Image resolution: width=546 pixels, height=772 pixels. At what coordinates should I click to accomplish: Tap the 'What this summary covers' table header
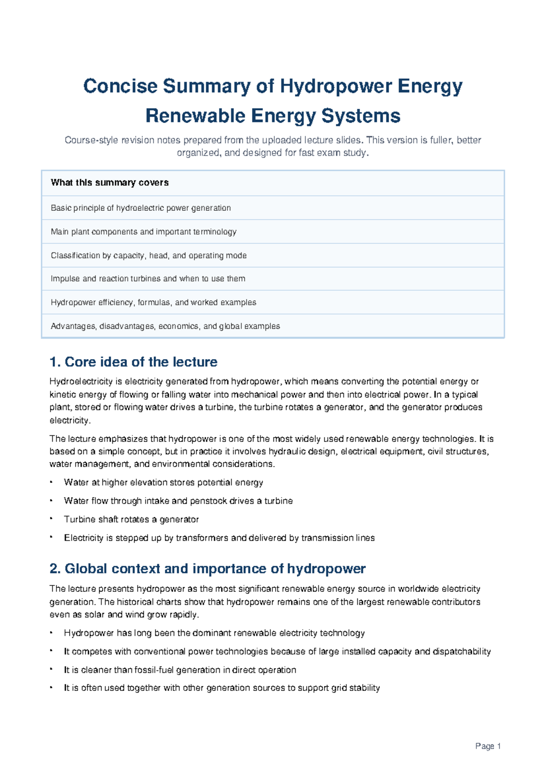tap(110, 183)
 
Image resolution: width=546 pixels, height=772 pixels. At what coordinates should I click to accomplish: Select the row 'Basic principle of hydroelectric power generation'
tap(141, 208)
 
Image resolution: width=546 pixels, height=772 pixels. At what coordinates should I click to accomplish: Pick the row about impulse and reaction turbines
tap(148, 279)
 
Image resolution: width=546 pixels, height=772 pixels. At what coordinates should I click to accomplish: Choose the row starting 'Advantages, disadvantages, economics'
tap(165, 326)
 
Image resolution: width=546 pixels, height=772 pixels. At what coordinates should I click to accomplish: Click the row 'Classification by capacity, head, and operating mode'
tap(148, 255)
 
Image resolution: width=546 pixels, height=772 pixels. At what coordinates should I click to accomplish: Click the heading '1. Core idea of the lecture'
tap(133, 362)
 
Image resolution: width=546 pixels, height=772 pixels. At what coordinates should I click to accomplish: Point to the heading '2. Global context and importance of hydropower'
tap(207, 569)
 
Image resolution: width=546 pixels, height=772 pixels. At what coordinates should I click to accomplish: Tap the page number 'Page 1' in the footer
tap(488, 746)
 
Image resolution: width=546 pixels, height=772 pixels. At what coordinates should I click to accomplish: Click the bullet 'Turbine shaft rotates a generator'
tap(131, 519)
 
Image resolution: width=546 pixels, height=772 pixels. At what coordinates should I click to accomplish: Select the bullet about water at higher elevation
tap(163, 482)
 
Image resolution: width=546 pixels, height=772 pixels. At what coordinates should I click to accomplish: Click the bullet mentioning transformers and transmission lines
tap(219, 538)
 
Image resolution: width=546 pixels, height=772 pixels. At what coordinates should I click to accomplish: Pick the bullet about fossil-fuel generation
tap(180, 670)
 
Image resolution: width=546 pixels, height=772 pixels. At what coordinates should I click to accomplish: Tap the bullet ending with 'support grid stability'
tap(222, 688)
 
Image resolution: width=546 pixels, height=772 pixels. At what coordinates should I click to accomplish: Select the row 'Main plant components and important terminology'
tap(143, 232)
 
